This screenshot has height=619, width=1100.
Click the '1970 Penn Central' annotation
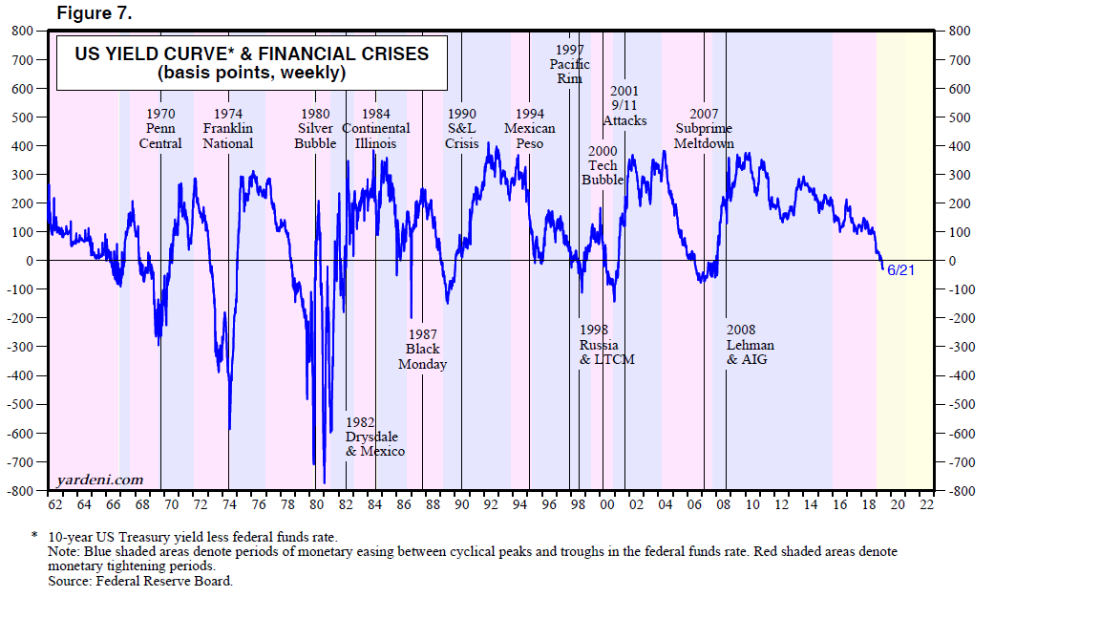tap(160, 128)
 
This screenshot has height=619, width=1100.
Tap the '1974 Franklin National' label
tap(228, 128)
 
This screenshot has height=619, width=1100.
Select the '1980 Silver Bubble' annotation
tap(316, 128)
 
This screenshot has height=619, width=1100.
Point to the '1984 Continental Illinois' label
tap(376, 128)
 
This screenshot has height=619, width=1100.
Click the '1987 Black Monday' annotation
tap(422, 349)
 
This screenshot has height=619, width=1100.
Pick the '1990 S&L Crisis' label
tap(462, 128)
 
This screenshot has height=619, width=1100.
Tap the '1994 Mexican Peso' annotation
tap(529, 128)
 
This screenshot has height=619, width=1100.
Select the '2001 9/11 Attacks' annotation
tap(624, 106)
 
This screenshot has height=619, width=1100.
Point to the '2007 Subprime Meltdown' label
tap(704, 128)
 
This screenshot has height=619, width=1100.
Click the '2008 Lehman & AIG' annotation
tap(751, 344)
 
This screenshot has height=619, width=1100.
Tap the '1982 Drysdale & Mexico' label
tap(374, 437)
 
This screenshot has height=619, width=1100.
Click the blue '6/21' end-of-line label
tap(901, 270)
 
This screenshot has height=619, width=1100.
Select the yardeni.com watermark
tap(100, 480)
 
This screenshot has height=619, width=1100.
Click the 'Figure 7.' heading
tap(95, 13)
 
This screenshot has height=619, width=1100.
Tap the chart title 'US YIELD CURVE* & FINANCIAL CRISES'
tap(252, 53)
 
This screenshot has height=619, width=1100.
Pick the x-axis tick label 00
tap(607, 504)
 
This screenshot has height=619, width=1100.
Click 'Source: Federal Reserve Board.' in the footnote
tap(140, 580)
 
